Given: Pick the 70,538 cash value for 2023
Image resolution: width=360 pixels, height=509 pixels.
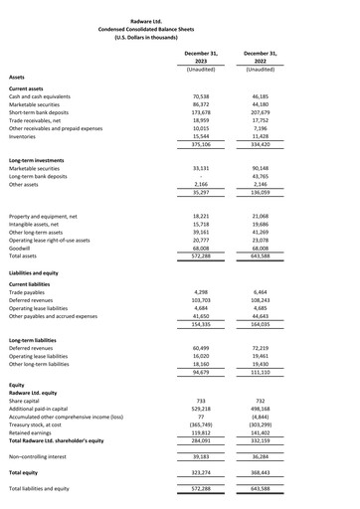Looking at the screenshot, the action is click(x=200, y=96).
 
